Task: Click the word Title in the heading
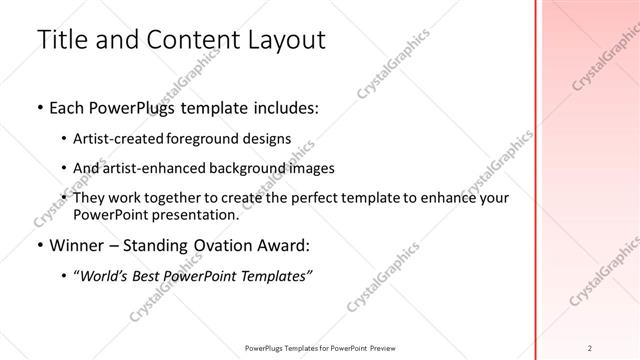coord(61,40)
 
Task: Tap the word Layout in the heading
coord(280,40)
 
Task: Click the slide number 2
coord(591,347)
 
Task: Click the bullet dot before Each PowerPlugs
coord(39,107)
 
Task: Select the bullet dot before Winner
coord(39,246)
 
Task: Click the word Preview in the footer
coord(381,347)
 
